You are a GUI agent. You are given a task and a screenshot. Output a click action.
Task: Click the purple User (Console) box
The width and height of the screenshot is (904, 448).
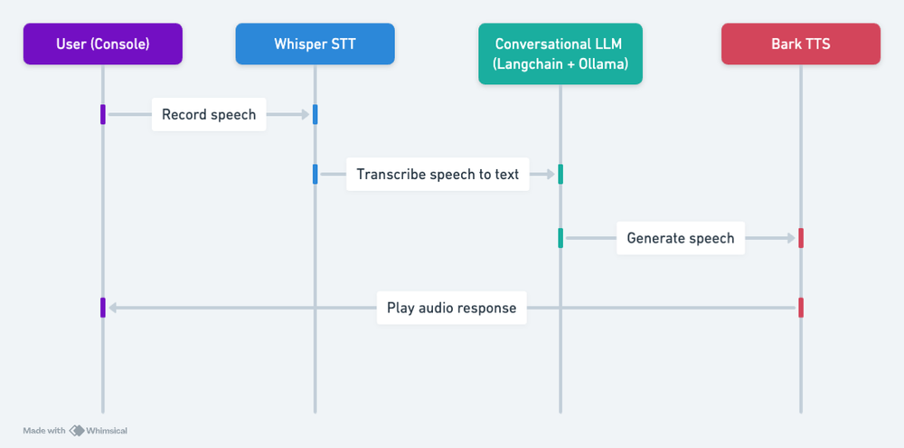point(102,43)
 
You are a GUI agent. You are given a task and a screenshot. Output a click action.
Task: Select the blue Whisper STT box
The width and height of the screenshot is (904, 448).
point(315,43)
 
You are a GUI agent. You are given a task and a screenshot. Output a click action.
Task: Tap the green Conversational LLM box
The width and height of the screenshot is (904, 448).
point(560,53)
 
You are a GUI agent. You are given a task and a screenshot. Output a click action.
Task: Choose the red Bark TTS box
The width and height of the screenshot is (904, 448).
point(800,43)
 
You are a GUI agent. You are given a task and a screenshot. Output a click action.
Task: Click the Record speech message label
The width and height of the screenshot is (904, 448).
point(209,115)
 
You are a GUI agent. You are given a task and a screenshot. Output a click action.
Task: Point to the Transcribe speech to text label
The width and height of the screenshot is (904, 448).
point(438,175)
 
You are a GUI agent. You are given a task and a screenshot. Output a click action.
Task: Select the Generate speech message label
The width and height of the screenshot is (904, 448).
point(681,239)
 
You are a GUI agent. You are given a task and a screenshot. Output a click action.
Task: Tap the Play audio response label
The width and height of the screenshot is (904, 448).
point(451,308)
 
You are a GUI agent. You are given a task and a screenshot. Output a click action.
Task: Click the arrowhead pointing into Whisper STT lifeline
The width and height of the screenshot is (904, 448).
point(306,115)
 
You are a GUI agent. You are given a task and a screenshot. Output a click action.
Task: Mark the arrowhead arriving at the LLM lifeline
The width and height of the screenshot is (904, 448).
point(551,175)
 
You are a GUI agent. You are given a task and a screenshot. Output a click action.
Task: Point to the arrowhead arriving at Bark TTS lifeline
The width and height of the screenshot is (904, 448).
point(791,239)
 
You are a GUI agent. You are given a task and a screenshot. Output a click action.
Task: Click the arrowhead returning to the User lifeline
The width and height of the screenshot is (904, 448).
point(112,308)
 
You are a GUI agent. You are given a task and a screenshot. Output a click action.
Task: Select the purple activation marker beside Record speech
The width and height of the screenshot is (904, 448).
point(103,114)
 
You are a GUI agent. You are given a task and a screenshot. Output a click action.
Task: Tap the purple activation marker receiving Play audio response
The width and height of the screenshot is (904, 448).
point(103,308)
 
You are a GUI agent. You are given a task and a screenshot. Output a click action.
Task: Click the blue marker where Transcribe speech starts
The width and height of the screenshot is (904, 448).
point(315,174)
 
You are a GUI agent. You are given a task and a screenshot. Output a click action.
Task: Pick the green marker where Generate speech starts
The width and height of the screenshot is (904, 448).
point(560,238)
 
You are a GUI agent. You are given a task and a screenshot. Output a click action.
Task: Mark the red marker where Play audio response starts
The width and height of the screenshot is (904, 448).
point(801,308)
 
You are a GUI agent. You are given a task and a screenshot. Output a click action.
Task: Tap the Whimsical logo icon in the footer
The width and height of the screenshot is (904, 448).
point(77,431)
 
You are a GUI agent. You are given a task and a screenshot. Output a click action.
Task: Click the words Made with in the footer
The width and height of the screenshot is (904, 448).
point(44,431)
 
